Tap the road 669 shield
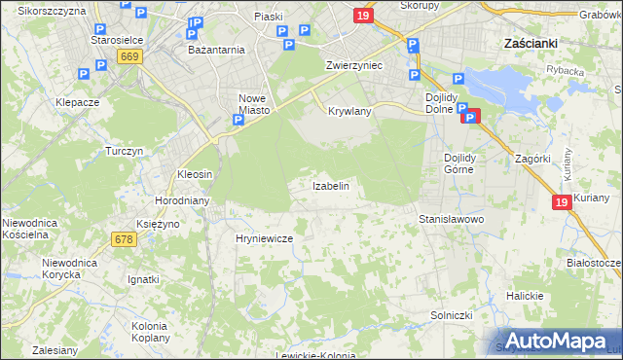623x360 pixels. (x=130, y=57)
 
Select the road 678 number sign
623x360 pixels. (x=123, y=238)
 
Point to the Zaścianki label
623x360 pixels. (x=531, y=44)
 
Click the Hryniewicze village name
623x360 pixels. (x=264, y=237)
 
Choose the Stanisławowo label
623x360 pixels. (x=451, y=220)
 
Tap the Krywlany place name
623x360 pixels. (x=349, y=112)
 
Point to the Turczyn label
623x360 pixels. (x=125, y=152)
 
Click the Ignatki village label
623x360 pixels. (x=143, y=279)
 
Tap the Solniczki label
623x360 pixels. (x=451, y=315)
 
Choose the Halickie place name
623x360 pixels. (x=524, y=296)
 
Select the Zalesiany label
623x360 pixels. (x=55, y=349)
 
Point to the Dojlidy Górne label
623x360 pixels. (x=458, y=162)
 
